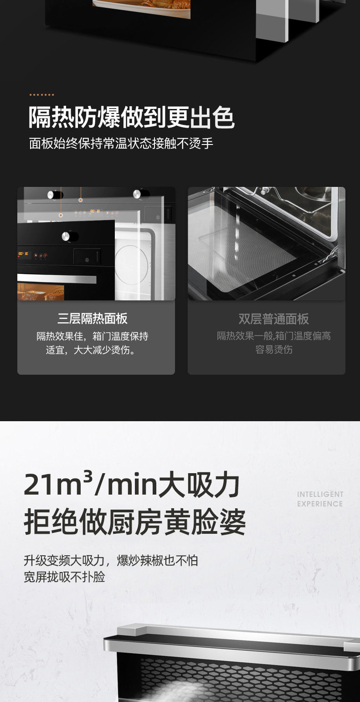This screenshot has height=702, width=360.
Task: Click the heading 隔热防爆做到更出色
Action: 132,118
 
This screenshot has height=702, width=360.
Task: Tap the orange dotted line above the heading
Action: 41,94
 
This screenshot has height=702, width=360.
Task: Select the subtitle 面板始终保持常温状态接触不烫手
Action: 121,144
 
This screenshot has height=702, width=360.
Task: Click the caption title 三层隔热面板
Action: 93,318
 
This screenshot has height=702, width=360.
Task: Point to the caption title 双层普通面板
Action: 273,319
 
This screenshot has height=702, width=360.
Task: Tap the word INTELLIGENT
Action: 320,494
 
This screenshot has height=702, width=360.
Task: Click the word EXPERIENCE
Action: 320,504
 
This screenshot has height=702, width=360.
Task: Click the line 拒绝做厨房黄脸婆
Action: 135,522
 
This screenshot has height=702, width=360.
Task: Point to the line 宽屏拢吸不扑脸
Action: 65,577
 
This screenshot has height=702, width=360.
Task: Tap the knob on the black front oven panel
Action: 67,236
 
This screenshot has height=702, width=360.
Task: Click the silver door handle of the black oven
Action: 57,278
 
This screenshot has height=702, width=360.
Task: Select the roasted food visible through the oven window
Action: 41,292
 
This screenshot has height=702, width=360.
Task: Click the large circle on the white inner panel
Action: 132,265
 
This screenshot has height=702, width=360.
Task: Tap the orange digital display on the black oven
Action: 23,253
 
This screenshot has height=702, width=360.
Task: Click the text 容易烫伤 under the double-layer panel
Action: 274,349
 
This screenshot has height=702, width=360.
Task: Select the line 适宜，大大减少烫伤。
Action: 91,350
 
